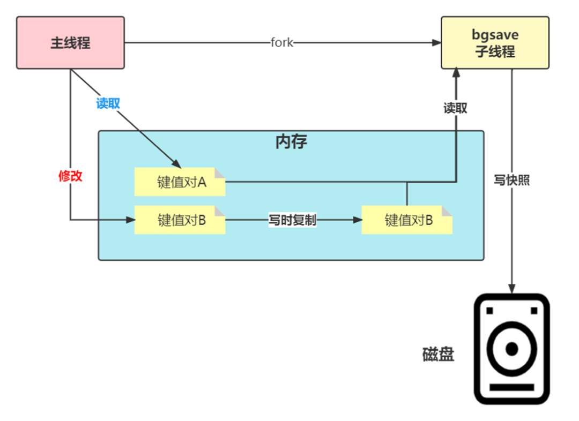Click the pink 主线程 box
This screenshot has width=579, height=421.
pos(70,42)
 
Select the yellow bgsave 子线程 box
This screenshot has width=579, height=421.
pos(495,42)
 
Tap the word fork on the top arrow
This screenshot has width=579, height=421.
pos(282,42)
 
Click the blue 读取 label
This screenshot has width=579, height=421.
pos(108,103)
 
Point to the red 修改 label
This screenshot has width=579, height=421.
pos(70,176)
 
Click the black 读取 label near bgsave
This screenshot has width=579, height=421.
pos(455,108)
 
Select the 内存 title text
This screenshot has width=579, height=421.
pos(291,142)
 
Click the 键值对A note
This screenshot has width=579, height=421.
pos(180,182)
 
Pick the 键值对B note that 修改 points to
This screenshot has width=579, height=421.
pos(180,220)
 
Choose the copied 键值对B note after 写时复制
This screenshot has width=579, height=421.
pos(407,220)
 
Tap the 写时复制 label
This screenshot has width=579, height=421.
pos(292,220)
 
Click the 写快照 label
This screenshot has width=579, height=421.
pos(512,180)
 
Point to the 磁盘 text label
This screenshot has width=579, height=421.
pos(438,354)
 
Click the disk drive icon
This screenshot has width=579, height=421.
pos(512,349)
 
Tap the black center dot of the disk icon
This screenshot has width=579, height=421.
pos(512,349)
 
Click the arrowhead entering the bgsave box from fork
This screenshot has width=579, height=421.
pos(436,42)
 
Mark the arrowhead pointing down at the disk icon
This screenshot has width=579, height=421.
pos(512,289)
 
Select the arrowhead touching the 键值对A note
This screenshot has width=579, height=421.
pos(176,164)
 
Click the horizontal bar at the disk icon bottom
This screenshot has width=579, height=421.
pos(512,387)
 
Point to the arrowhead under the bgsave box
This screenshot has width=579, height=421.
pos(456,72)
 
